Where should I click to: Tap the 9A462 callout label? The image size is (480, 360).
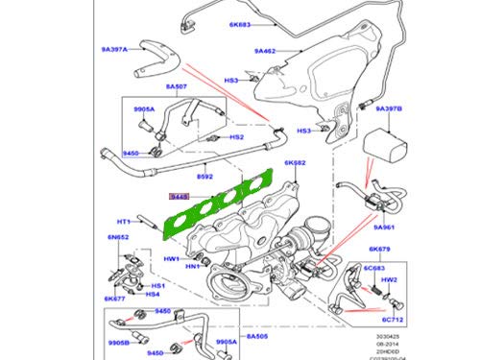click(x=266, y=50)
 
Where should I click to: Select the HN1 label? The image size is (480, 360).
click(x=192, y=266)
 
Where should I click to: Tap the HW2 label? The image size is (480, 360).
click(x=389, y=279)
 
